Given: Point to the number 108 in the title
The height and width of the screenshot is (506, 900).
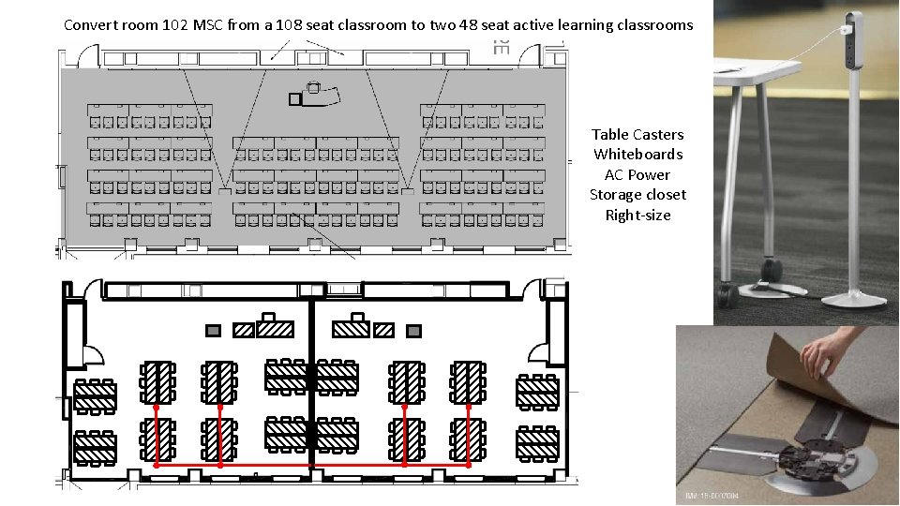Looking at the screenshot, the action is coord(297,25).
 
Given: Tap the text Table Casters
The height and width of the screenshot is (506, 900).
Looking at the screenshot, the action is coord(637,135).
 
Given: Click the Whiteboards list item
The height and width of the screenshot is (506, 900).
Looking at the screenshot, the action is coord(637,155).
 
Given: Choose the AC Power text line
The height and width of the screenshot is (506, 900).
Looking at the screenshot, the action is coord(637,175).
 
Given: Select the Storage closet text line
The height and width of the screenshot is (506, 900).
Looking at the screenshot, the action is coord(637,195).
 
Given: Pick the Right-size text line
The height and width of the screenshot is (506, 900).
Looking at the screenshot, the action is coord(637,216).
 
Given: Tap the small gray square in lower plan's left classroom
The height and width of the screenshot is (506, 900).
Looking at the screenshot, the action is coord(214,330).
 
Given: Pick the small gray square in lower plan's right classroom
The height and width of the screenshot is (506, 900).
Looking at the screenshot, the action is coord(413,330).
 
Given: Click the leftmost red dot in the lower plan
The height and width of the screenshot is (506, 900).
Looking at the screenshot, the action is coord(156,409).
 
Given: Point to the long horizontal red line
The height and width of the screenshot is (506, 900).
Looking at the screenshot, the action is coord(309,465).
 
